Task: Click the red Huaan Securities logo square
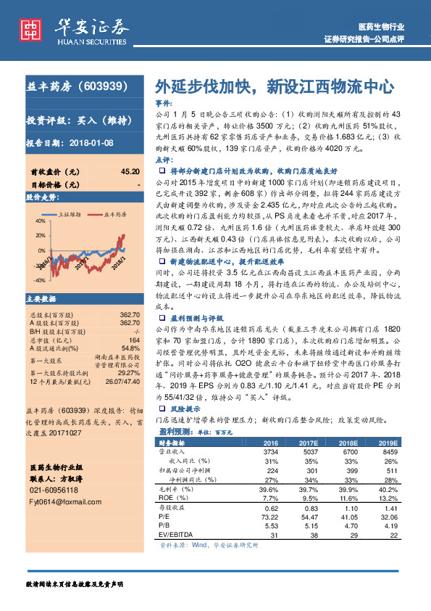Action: coord(30,29)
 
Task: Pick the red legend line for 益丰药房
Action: coord(90,216)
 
